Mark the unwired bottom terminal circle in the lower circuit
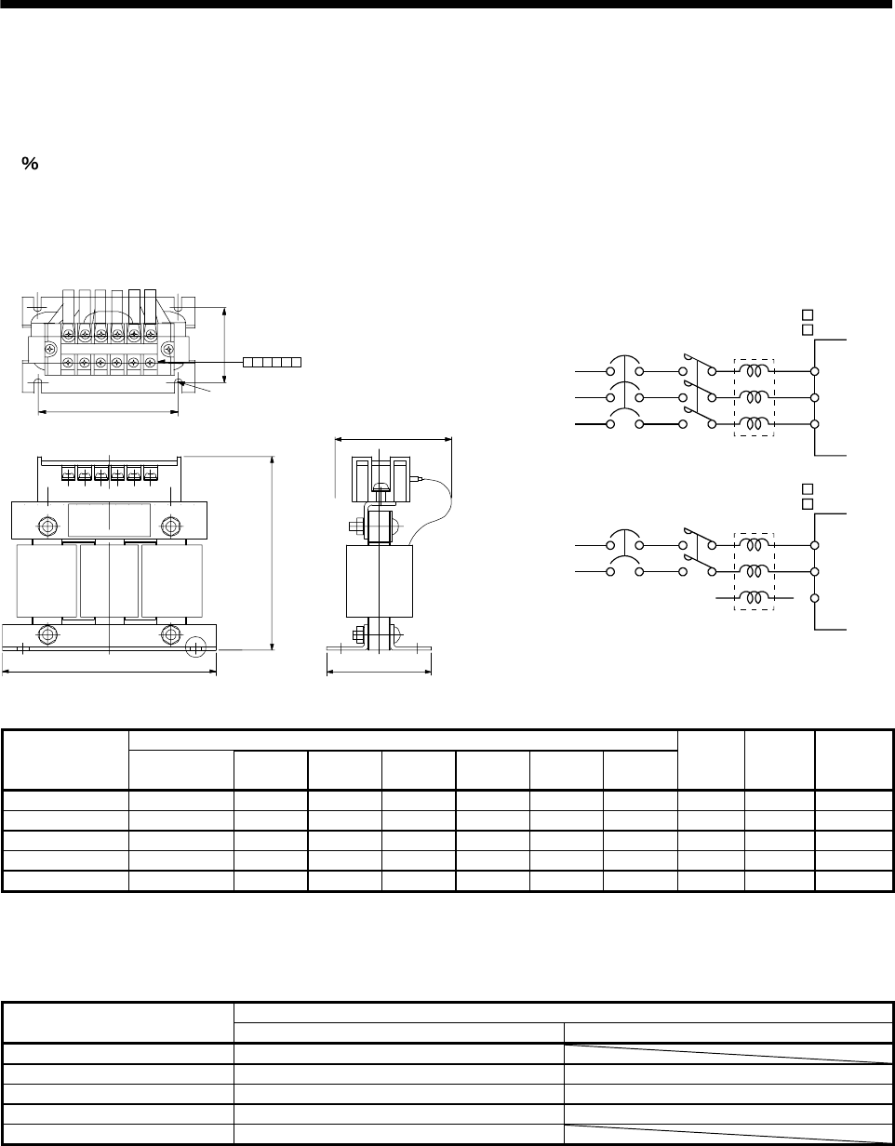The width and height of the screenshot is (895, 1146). tap(815, 597)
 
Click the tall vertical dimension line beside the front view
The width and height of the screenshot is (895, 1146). tap(272, 552)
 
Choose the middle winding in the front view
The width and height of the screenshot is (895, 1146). tap(109, 581)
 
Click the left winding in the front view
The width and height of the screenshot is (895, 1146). tap(47, 581)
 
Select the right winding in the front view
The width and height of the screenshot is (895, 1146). tap(171, 581)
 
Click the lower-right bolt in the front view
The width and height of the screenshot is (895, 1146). tap(171, 635)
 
